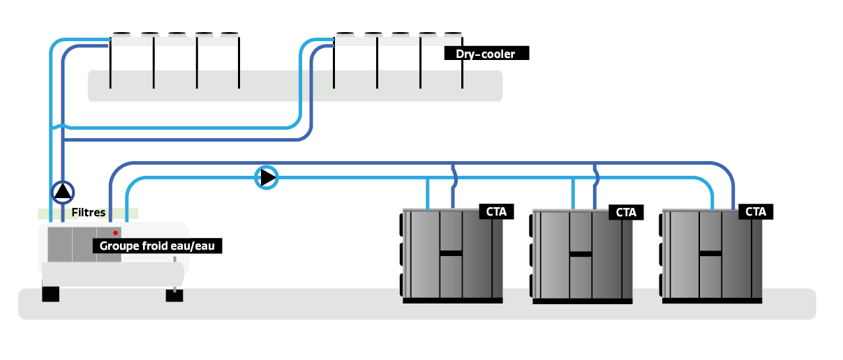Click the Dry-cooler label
point(486,53)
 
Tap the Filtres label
point(88,213)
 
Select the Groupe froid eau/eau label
point(158,246)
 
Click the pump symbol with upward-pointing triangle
point(63,191)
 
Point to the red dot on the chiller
point(115,232)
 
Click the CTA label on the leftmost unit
point(496,211)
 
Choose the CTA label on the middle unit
point(626,212)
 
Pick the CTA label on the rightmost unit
point(756,211)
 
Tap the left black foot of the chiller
point(50,294)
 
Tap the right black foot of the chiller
point(174,295)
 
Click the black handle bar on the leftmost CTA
point(451,253)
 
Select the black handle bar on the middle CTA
point(581,254)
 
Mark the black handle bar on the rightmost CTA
point(710,253)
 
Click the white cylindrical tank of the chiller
point(112,273)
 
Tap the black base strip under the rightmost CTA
point(712,301)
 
